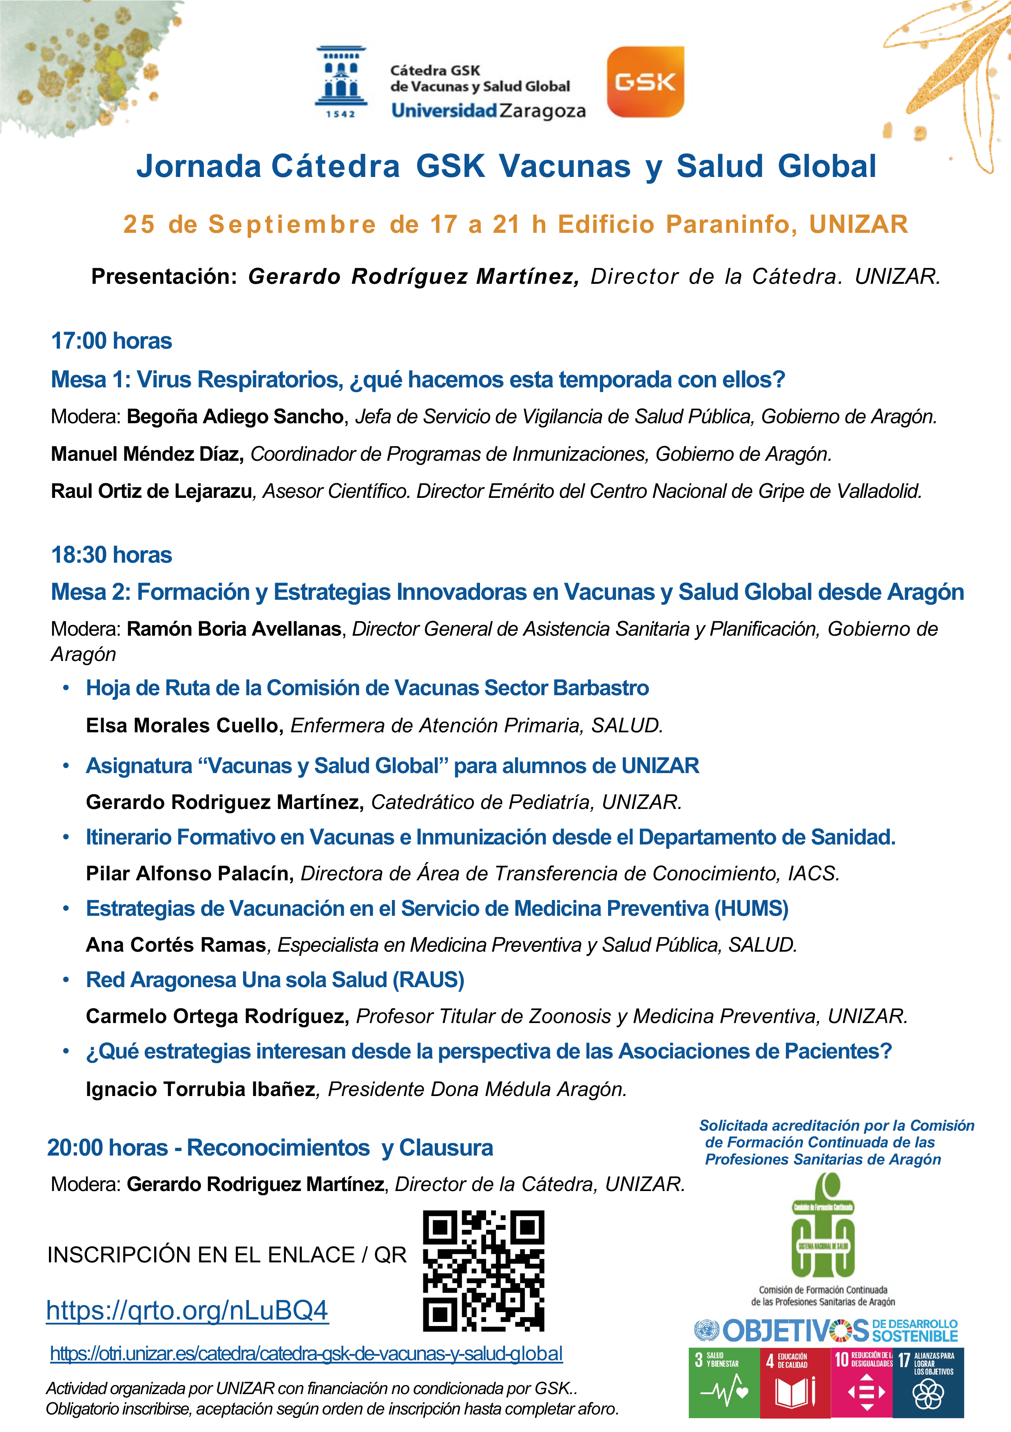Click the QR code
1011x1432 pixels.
click(483, 1271)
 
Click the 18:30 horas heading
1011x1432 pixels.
click(112, 555)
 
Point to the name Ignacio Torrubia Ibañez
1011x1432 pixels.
click(201, 1089)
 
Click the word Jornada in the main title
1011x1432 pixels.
click(199, 166)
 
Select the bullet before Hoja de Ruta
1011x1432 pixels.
click(66, 688)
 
